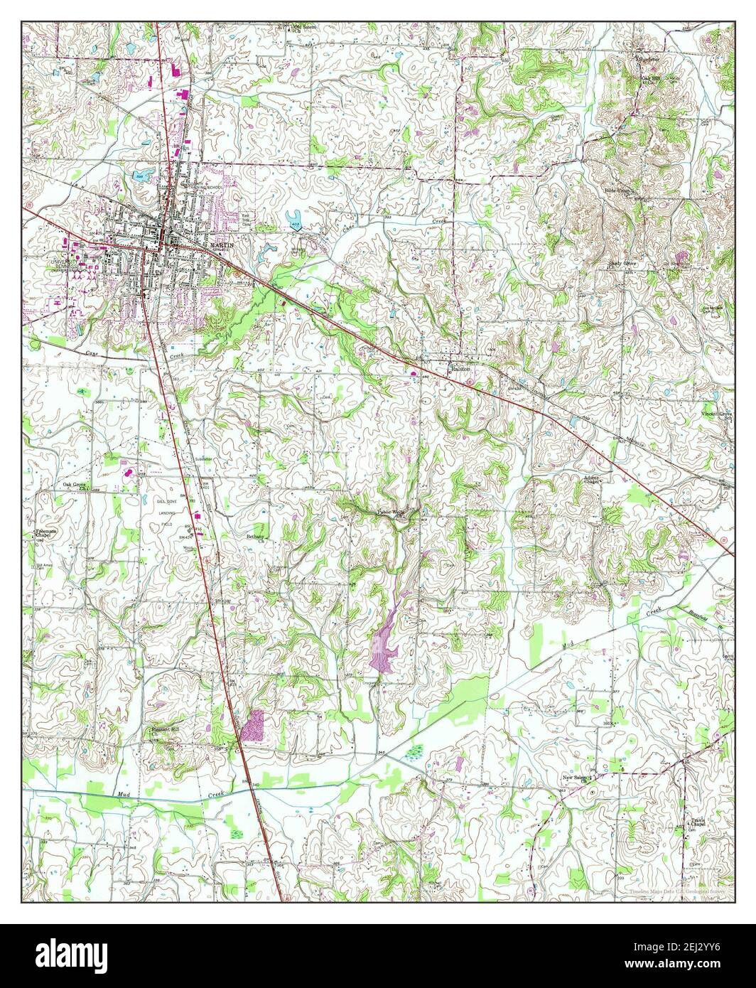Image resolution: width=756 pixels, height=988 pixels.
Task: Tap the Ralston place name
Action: click(x=460, y=370)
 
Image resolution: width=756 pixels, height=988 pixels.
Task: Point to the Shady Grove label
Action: click(x=621, y=263)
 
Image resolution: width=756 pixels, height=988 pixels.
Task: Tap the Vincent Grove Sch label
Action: click(x=716, y=415)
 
